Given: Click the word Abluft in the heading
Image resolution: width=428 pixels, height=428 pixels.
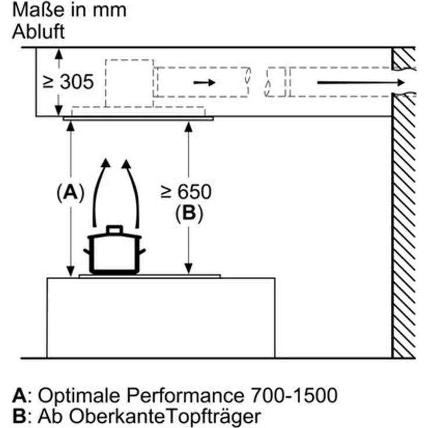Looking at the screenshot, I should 38,31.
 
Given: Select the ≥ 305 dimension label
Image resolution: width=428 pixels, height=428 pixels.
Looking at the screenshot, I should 68,81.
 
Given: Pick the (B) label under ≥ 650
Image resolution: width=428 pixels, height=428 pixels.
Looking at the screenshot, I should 188,213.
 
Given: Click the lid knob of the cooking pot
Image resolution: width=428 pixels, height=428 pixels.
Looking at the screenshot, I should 115,229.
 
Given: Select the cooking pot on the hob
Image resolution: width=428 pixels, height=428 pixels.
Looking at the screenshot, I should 115,251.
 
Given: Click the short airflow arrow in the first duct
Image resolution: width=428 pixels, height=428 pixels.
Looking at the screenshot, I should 204,83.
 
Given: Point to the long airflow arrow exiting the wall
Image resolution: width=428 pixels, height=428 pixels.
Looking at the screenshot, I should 361,83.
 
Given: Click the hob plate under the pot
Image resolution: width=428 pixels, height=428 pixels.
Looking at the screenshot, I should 149,276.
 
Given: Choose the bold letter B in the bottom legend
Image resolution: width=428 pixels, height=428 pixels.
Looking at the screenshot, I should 18,417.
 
